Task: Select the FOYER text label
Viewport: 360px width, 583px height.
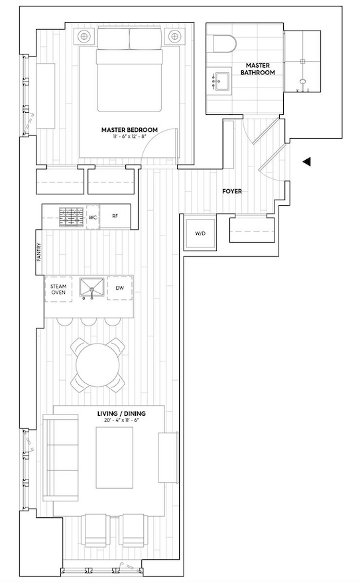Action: point(232,192)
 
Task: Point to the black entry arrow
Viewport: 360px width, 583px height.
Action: point(306,161)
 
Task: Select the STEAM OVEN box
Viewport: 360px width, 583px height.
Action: point(58,290)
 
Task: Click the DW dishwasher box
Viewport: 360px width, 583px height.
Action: point(120,289)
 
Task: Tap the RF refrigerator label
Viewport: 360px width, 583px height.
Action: point(115,216)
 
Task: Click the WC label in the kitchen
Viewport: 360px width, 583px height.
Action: point(93,216)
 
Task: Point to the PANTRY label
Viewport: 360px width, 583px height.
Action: point(39,252)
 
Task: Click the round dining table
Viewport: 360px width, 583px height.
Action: point(97,365)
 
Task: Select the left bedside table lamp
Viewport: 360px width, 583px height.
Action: point(84,36)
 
